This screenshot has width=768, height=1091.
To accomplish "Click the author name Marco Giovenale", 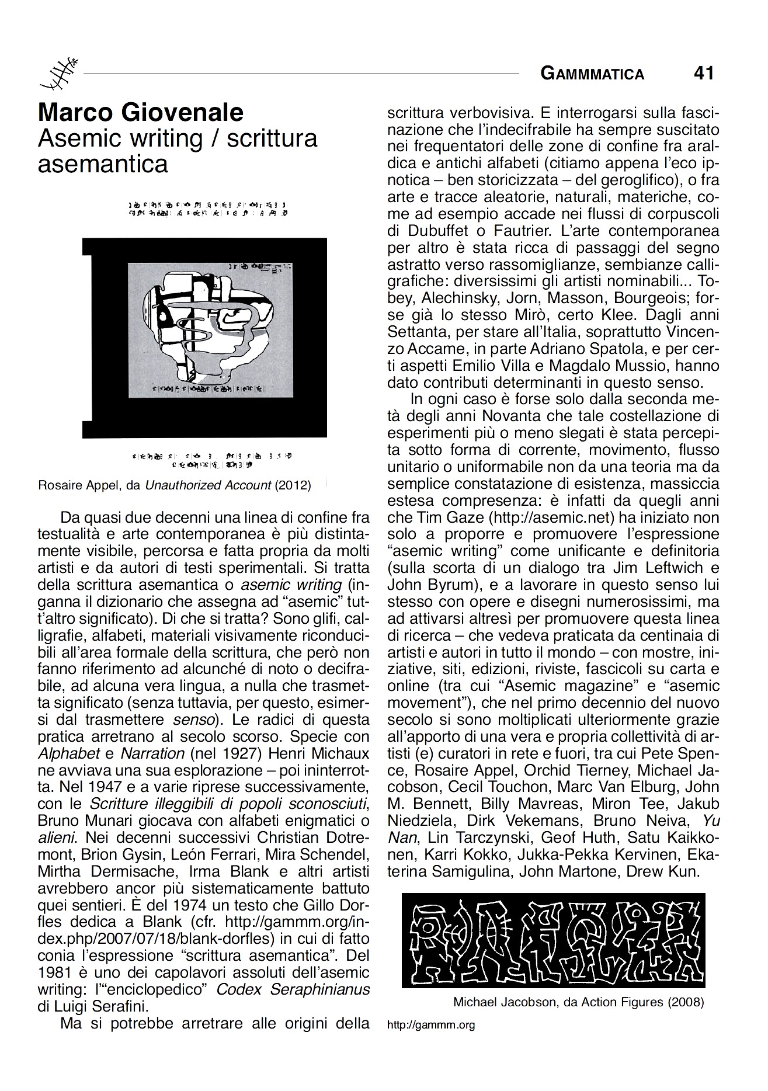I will pyautogui.click(x=140, y=112).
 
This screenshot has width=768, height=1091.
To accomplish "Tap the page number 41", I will pyautogui.click(x=703, y=73).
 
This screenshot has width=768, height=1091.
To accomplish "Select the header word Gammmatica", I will pyautogui.click(x=592, y=74).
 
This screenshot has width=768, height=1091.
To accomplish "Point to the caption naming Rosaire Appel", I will pyautogui.click(x=175, y=485).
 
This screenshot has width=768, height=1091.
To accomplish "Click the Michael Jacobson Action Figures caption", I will pyautogui.click(x=578, y=1002).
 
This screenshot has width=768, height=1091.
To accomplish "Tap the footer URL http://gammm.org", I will pyautogui.click(x=431, y=1024).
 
